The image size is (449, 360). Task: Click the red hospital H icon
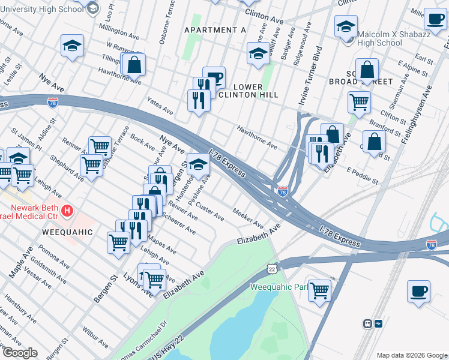(x=68, y=211)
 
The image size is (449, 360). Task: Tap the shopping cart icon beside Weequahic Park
(x=319, y=290)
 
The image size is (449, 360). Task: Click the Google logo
(x=19, y=353)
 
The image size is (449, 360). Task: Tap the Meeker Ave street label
(x=248, y=218)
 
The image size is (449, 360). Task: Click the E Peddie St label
(x=363, y=176)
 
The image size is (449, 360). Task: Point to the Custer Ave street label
(x=210, y=211)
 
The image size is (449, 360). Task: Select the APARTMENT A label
(x=215, y=30)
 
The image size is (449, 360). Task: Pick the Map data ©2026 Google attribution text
(x=412, y=355)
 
